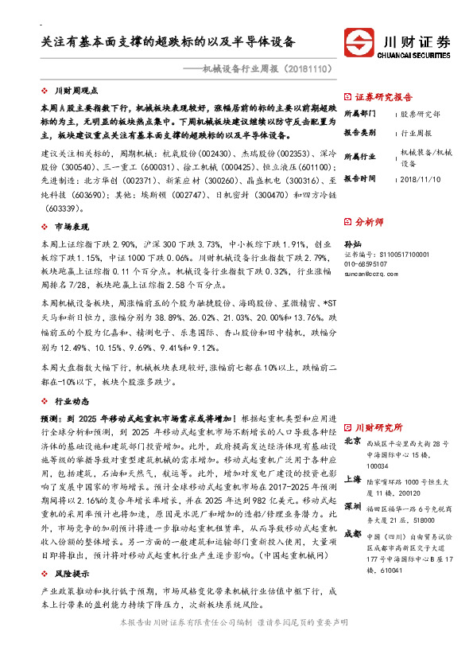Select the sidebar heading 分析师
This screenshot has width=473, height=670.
click(370, 222)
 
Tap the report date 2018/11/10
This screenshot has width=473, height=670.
click(421, 178)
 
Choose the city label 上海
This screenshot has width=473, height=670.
click(352, 480)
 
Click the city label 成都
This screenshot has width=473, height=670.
click(352, 532)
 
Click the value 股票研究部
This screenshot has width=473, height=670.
click(421, 114)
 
